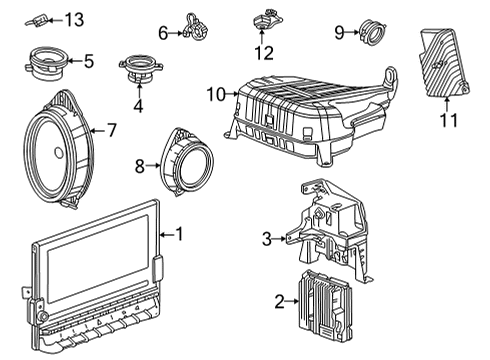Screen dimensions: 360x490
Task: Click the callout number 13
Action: tap(76, 19)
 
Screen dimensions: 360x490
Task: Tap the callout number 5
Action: tap(89, 62)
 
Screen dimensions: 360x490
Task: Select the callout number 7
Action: tap(112, 129)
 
